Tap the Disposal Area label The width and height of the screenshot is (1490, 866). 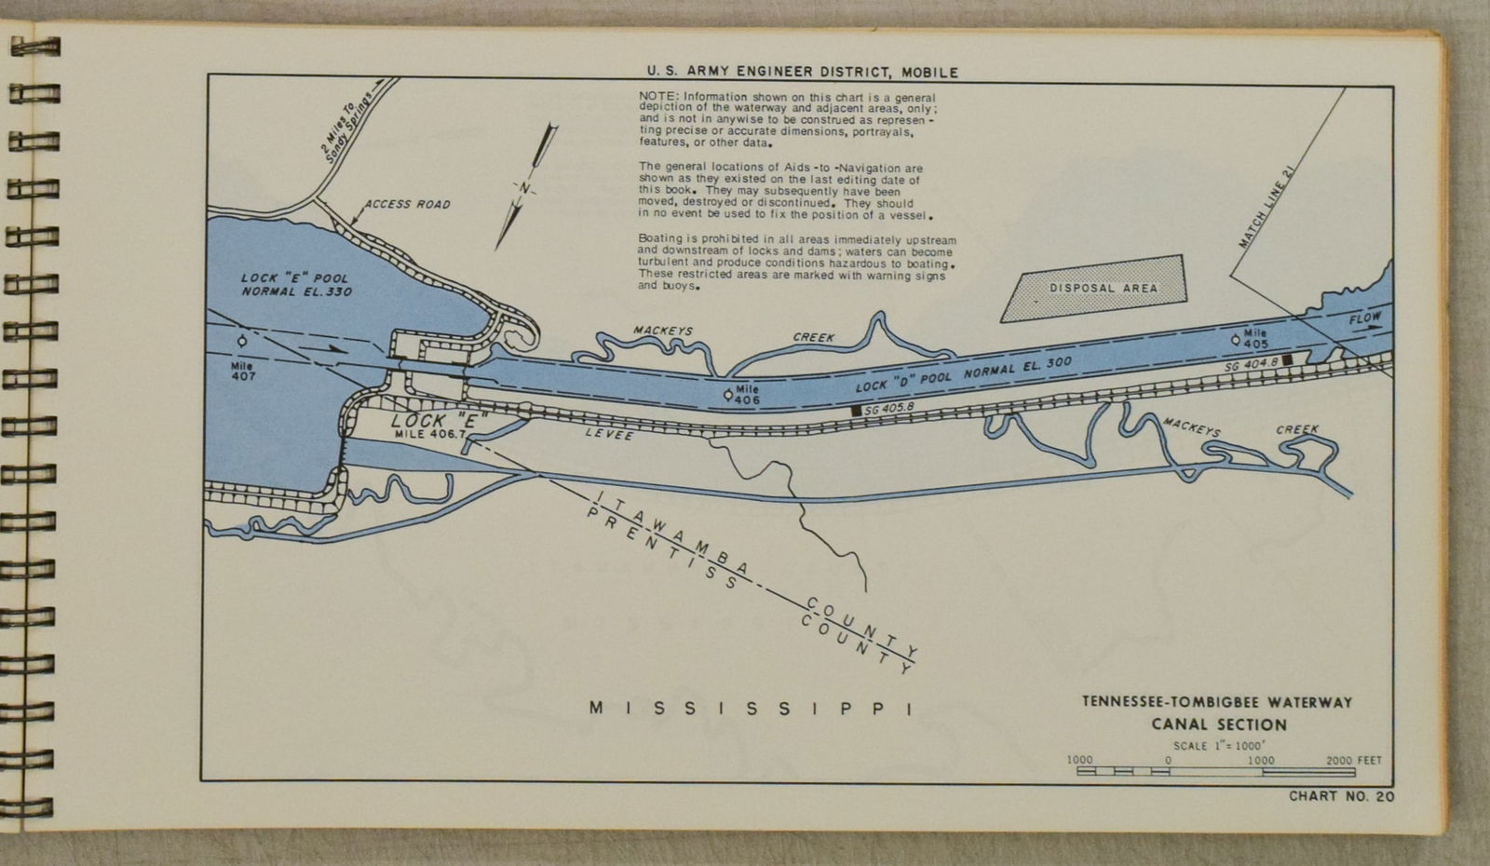(x=1104, y=288)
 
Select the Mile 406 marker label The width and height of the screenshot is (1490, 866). (x=747, y=395)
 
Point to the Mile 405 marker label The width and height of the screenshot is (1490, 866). (x=1255, y=339)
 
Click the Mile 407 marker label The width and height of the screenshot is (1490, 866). (x=242, y=371)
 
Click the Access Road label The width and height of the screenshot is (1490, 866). (x=407, y=204)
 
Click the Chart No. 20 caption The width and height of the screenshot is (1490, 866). (x=1341, y=796)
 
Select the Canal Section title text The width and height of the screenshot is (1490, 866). (x=1218, y=724)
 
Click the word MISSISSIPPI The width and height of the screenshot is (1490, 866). (x=751, y=709)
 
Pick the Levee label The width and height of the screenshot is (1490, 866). (x=609, y=435)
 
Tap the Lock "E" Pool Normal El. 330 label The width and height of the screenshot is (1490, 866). (x=296, y=284)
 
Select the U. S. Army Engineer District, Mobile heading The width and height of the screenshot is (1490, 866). (x=802, y=72)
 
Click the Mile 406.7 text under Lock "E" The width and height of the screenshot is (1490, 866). (x=429, y=434)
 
